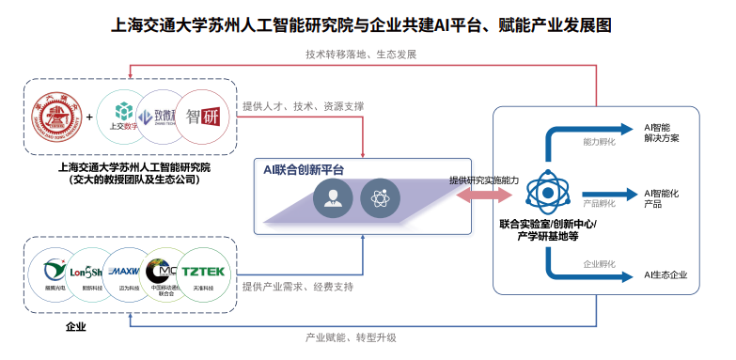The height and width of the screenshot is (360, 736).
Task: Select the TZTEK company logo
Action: pyautogui.click(x=202, y=273)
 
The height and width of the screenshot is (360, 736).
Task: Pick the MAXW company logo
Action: pyautogui.click(x=122, y=273)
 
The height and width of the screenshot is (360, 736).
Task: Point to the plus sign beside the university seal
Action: pyautogui.click(x=90, y=118)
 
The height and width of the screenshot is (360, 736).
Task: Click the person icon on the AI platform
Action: pyautogui.click(x=334, y=199)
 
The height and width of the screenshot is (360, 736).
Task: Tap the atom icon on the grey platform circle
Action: pyautogui.click(x=381, y=199)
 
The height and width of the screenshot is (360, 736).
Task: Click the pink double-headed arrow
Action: pyautogui.click(x=484, y=195)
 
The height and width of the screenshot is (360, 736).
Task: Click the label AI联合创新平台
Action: pyautogui.click(x=304, y=169)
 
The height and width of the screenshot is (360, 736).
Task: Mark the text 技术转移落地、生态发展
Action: pyautogui.click(x=361, y=55)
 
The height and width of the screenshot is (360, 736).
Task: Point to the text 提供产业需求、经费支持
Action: pyautogui.click(x=297, y=286)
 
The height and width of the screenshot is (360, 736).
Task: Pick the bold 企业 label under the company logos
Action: pyautogui.click(x=76, y=327)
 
